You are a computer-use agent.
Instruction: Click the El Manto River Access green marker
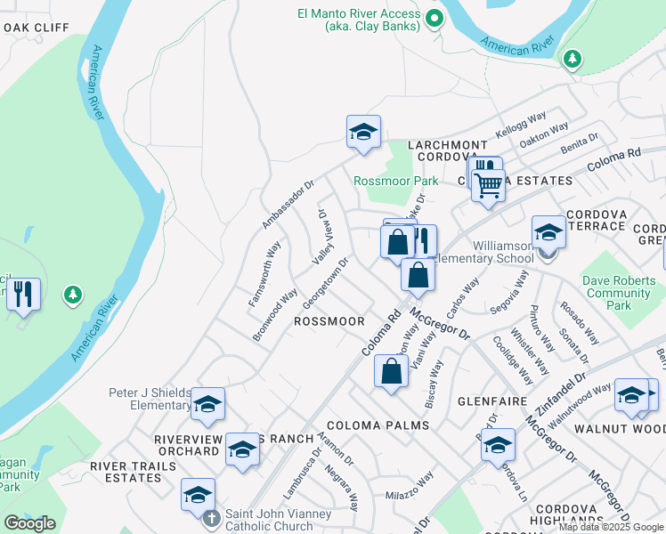[x=434, y=18]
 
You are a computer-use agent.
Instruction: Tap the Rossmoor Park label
[x=395, y=181]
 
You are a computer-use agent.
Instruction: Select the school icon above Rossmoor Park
[x=363, y=133]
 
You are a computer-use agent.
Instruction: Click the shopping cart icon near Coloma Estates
[x=488, y=187]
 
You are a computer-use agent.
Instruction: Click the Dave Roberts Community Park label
[x=618, y=293]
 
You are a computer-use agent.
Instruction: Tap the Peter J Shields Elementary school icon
[x=207, y=405]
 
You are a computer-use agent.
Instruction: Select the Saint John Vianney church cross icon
[x=211, y=517]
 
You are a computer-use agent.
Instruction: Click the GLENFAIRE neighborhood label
[x=488, y=401]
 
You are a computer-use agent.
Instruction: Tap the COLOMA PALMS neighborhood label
[x=378, y=425]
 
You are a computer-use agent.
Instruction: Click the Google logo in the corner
[x=29, y=522]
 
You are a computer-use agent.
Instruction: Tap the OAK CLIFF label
[x=35, y=28]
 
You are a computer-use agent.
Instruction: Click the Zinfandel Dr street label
[x=561, y=392]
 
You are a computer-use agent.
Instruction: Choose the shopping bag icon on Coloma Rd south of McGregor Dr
[x=392, y=371]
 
